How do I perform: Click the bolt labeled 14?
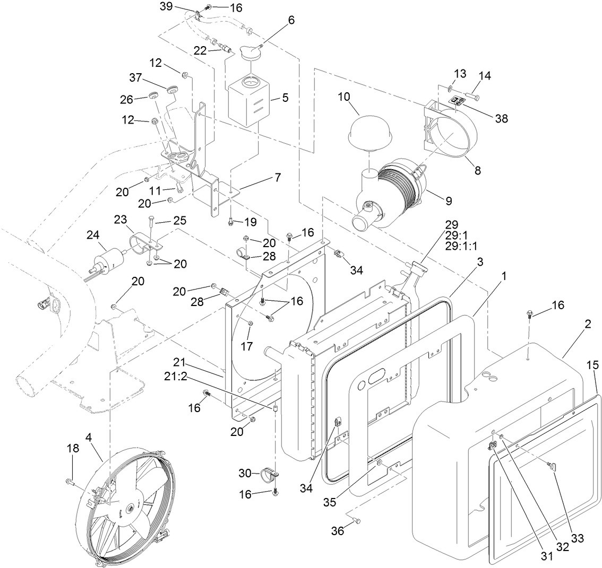click(x=472, y=97)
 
